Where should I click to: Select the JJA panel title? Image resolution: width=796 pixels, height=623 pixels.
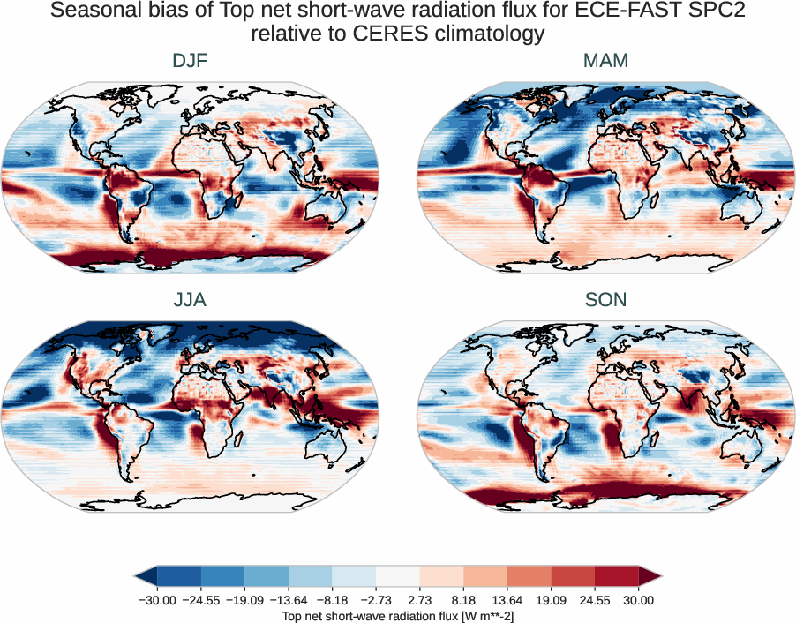(190, 300)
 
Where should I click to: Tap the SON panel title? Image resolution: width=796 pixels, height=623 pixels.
(605, 300)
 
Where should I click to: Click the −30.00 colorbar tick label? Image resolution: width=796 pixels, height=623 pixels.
(158, 600)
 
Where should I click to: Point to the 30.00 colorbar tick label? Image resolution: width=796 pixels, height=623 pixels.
(638, 600)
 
